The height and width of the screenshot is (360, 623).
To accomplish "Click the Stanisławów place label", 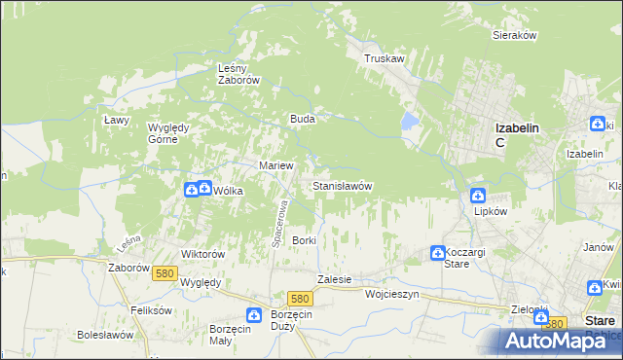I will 342,185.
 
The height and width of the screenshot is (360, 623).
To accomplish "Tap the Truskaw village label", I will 384,58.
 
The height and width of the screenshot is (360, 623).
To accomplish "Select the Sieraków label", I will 515,35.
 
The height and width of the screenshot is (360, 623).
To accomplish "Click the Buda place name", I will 301,119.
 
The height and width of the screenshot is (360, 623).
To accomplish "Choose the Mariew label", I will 275,165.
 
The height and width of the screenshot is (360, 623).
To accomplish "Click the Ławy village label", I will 118,119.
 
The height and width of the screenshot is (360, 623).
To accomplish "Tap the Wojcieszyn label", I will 391,293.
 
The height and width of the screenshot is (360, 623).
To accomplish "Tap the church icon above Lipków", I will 478,195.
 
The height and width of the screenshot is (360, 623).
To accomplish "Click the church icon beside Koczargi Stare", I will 437,253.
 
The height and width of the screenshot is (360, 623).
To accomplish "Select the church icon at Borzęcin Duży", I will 254,314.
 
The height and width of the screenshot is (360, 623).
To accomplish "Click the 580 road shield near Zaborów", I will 164,274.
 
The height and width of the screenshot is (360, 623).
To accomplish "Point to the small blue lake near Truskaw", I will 410,122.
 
